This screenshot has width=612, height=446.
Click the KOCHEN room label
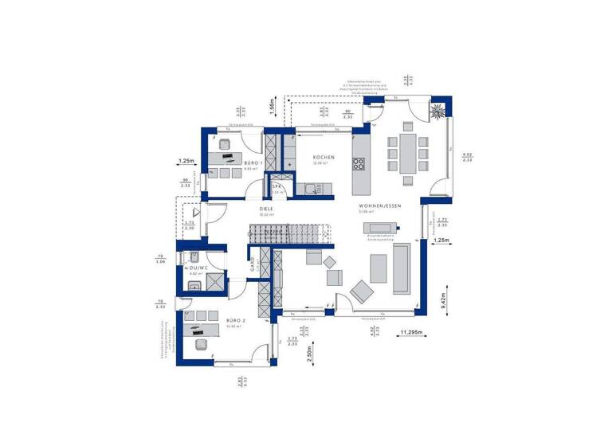coord(324,158)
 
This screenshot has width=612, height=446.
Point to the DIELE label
coord(266,209)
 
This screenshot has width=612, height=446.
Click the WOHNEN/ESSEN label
coord(379,205)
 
